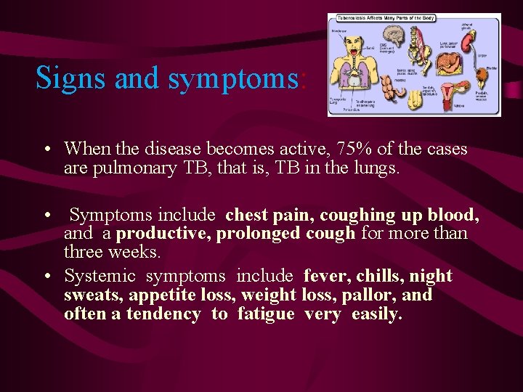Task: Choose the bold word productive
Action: click(154, 234)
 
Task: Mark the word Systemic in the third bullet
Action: click(100, 277)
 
